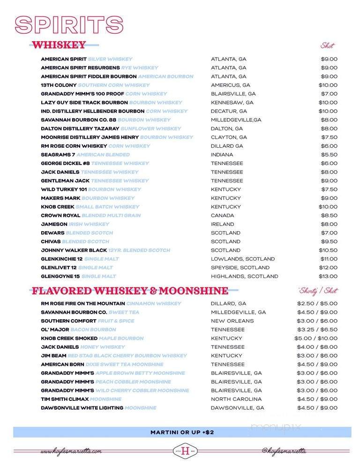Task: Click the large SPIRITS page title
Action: pyautogui.click(x=66, y=25)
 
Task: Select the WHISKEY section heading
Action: pyautogui.click(x=59, y=45)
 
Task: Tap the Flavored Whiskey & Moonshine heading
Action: pyautogui.click(x=130, y=291)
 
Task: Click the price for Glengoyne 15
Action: pyautogui.click(x=329, y=276)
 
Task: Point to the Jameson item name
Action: pyautogui.click(x=54, y=224)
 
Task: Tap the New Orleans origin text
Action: pyautogui.click(x=232, y=321)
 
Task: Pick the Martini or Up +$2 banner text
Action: pyautogui.click(x=182, y=432)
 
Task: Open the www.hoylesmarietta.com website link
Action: pyautogui.click(x=71, y=451)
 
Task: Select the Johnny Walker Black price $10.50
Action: pyautogui.click(x=329, y=250)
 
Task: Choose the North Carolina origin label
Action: pyautogui.click(x=236, y=399)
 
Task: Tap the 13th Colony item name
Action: pyautogui.click(x=59, y=85)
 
